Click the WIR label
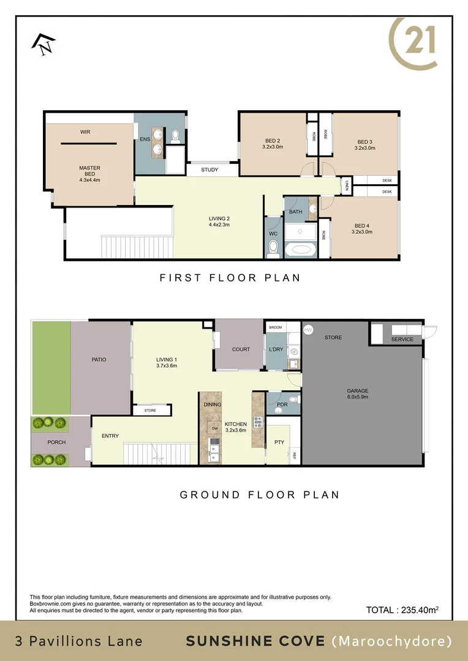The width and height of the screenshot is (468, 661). click(x=86, y=132)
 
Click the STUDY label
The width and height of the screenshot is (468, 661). click(x=209, y=170)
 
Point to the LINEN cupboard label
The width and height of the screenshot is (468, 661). click(x=346, y=184)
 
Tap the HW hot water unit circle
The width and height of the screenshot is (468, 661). click(x=308, y=329)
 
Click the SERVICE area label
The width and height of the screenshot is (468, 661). click(x=402, y=339)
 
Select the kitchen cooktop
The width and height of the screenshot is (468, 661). click(x=258, y=421)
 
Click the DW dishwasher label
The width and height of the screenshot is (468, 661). click(x=215, y=428)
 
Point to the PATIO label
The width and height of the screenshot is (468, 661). click(x=99, y=359)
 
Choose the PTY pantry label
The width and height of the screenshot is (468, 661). click(x=279, y=442)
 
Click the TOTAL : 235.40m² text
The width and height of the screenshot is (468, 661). click(x=402, y=610)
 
